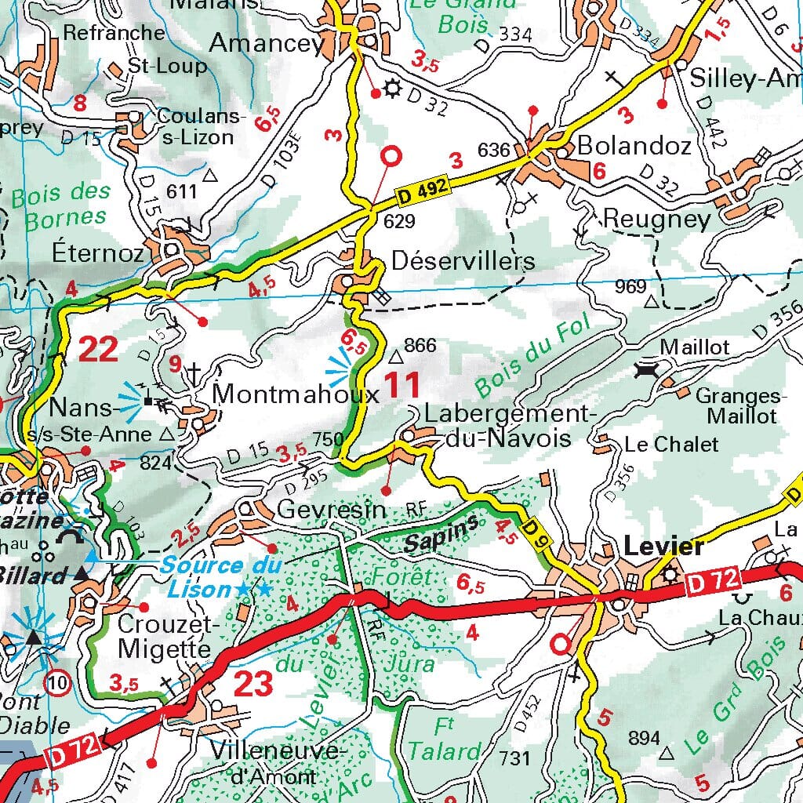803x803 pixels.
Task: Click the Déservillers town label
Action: click(463, 261)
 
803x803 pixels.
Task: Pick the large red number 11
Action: click(401, 385)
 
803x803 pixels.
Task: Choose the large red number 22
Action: click(98, 349)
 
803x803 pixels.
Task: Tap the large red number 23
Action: click(253, 684)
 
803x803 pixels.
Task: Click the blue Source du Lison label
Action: click(212, 576)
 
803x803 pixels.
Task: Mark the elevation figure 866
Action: click(419, 346)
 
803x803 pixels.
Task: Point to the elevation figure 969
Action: click(630, 286)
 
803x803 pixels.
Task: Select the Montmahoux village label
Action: click(296, 393)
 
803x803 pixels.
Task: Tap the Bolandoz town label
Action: click(634, 146)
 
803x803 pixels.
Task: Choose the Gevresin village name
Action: click(332, 510)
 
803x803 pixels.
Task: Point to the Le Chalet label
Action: click(671, 445)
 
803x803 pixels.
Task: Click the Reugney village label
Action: click(656, 219)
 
